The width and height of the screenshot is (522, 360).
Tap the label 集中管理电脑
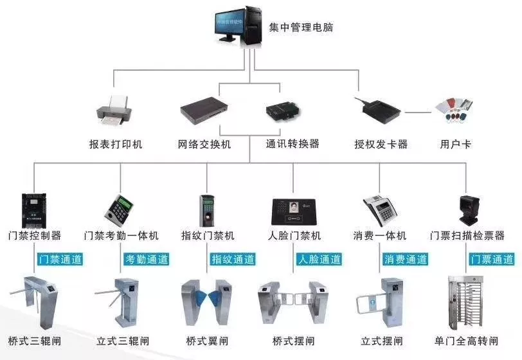pyautogui.click(x=301, y=28)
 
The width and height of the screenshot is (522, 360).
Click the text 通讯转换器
pyautogui.click(x=292, y=144)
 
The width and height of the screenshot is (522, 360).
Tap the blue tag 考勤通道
pyautogui.click(x=146, y=260)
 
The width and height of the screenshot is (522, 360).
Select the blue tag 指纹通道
pyautogui.click(x=233, y=260)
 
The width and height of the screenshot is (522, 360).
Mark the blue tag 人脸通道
pyautogui.click(x=319, y=260)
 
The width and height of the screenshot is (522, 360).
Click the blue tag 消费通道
pyautogui.click(x=406, y=260)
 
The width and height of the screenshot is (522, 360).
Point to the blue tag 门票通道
pyautogui.click(x=492, y=260)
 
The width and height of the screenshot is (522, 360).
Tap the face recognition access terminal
pyautogui.click(x=293, y=210)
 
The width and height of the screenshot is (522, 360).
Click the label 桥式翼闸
pyautogui.click(x=208, y=341)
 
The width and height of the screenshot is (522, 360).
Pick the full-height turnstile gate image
pyautogui.click(x=466, y=302)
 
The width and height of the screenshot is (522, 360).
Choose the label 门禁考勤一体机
pyautogui.click(x=122, y=236)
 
